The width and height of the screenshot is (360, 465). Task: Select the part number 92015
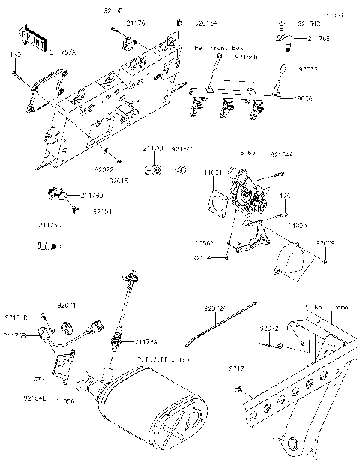point(118,180)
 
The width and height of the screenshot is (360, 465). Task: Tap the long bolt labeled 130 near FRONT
point(15,74)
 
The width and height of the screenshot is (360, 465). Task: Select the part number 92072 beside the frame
point(269,328)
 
